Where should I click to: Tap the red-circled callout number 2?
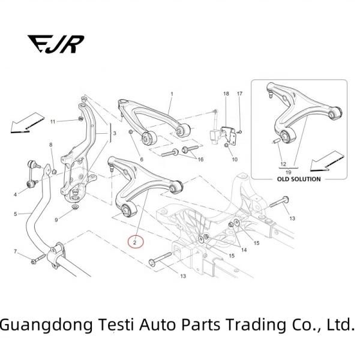tap(136, 242)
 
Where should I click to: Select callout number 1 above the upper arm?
tap(172, 94)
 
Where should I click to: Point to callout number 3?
tap(115, 133)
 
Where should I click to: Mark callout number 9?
tap(56, 220)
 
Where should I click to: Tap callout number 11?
tap(52, 122)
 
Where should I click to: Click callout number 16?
tap(201, 159)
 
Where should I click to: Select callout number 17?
tap(239, 94)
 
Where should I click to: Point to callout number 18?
tap(226, 94)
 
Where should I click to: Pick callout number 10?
tap(235, 160)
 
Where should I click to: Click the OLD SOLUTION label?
tap(298, 179)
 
